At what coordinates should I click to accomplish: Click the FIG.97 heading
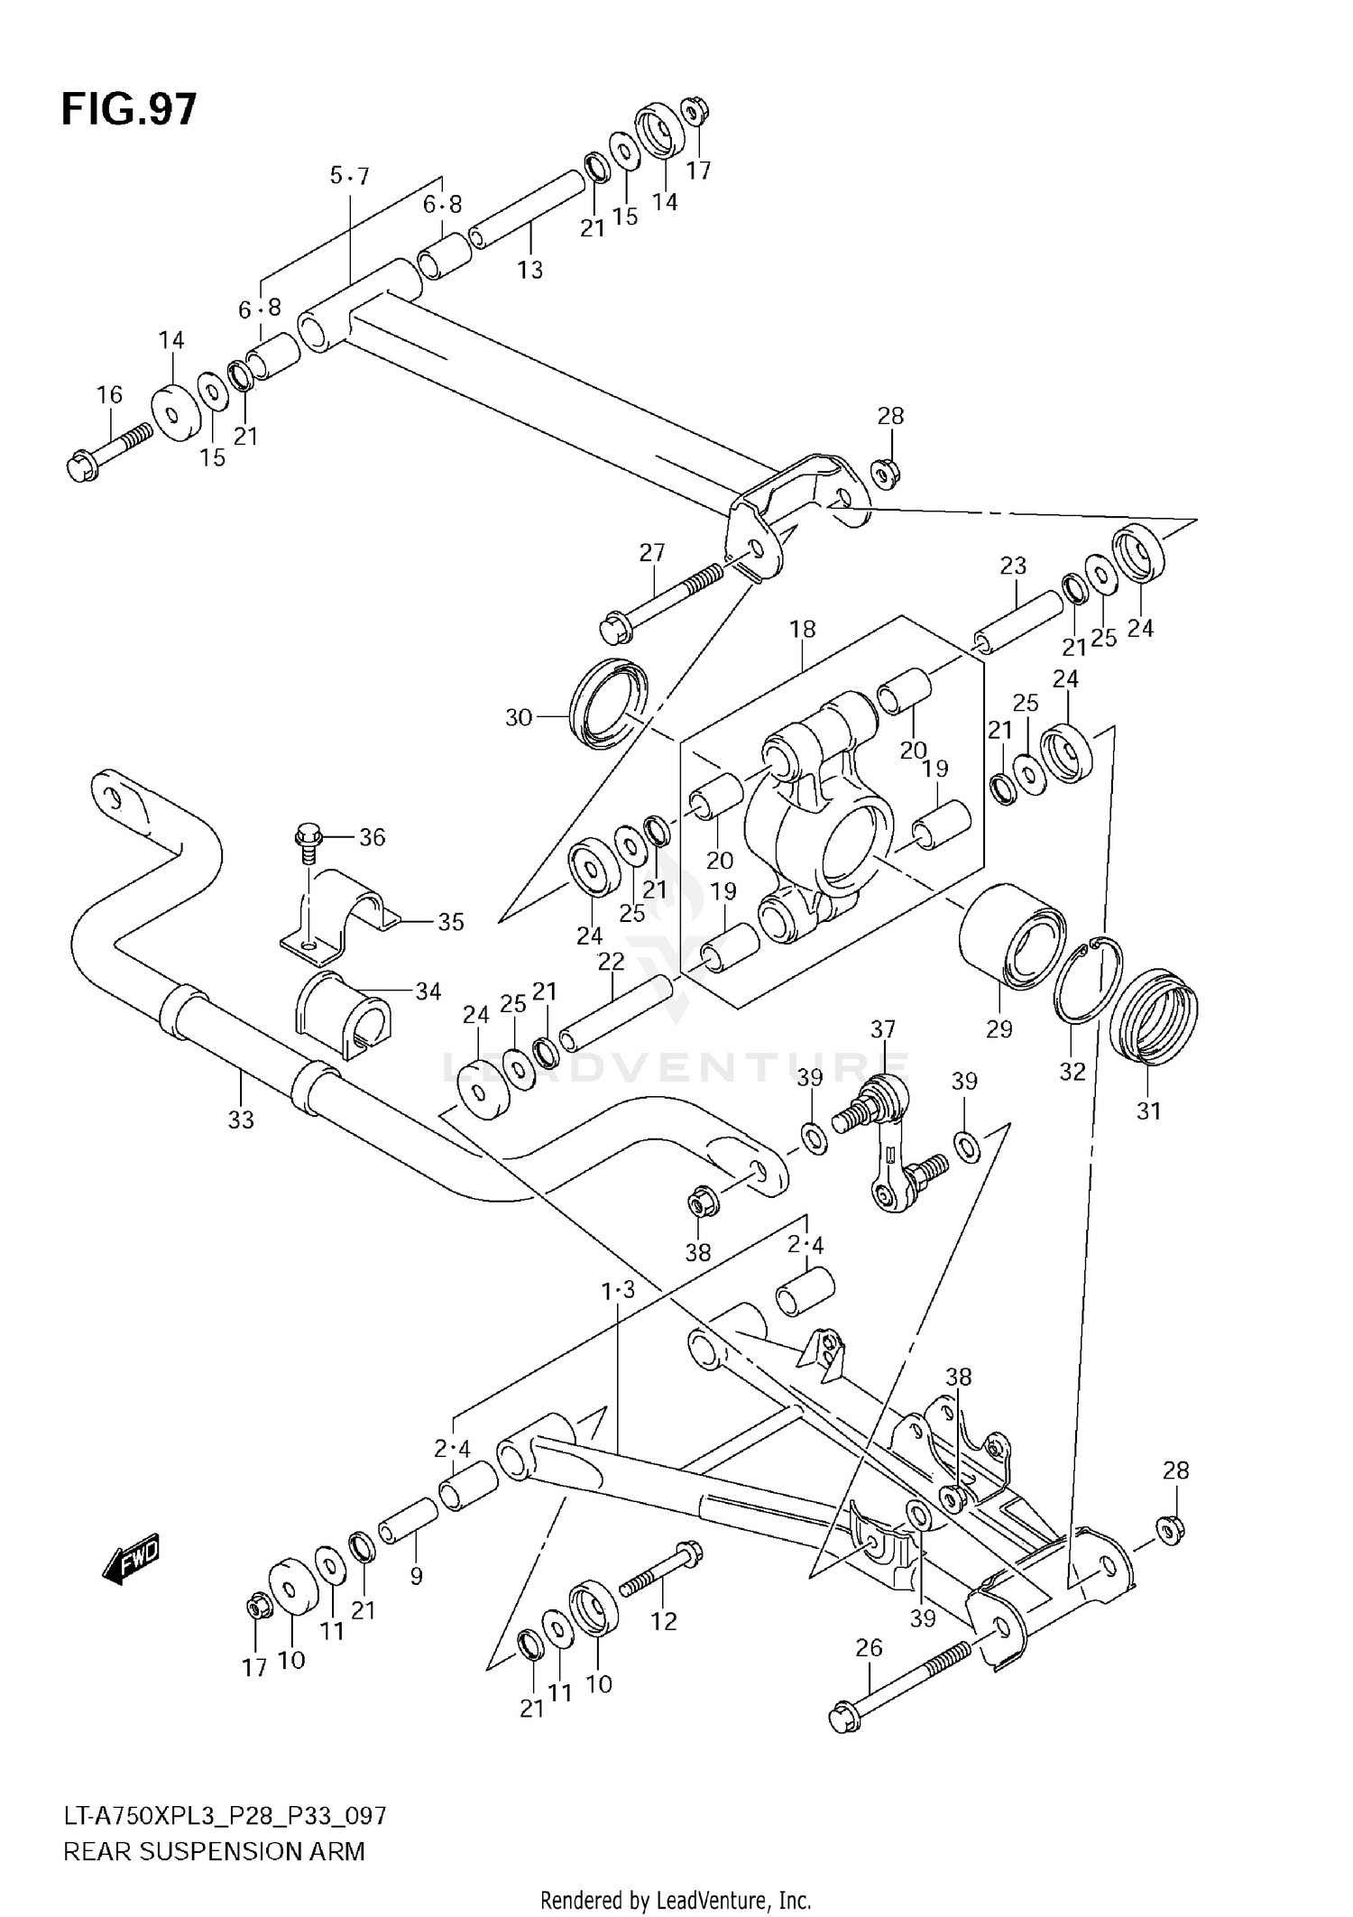pyautogui.click(x=128, y=110)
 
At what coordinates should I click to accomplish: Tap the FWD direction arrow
pyautogui.click(x=132, y=1560)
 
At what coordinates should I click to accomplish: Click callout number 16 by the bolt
pyautogui.click(x=109, y=394)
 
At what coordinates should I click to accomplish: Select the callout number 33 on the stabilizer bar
pyautogui.click(x=241, y=1120)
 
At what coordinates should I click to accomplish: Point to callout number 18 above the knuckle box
pyautogui.click(x=803, y=629)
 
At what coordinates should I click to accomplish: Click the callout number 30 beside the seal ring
pyautogui.click(x=519, y=718)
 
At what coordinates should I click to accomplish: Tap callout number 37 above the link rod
pyautogui.click(x=883, y=1028)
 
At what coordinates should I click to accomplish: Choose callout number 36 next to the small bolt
pyautogui.click(x=372, y=837)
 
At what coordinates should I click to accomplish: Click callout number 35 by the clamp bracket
pyautogui.click(x=450, y=922)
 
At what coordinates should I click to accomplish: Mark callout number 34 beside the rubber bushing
pyautogui.click(x=428, y=991)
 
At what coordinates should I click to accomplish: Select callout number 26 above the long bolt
pyautogui.click(x=869, y=1648)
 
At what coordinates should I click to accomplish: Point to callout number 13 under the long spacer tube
pyautogui.click(x=530, y=269)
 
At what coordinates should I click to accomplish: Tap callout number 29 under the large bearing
pyautogui.click(x=999, y=1028)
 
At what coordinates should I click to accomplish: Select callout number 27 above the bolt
pyautogui.click(x=652, y=552)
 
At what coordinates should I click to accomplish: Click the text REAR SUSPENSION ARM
pyautogui.click(x=215, y=1851)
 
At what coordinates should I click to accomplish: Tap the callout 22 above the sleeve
pyautogui.click(x=611, y=962)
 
